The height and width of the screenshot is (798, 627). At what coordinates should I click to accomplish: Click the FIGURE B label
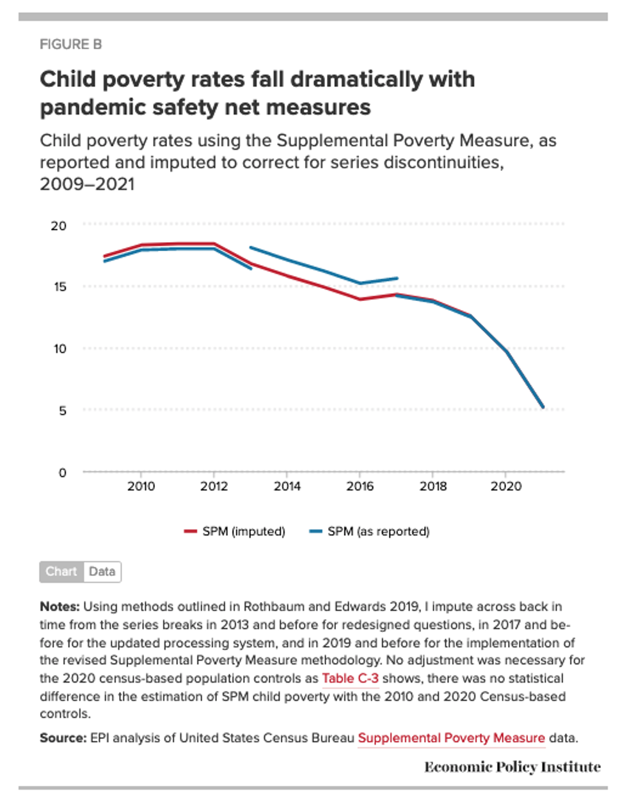click(70, 44)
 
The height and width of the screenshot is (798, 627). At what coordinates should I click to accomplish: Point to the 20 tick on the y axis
click(59, 225)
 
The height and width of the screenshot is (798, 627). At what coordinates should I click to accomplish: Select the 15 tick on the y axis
click(60, 287)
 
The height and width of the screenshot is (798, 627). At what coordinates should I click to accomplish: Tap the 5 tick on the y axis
click(63, 411)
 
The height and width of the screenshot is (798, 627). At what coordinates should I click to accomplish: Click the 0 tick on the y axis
click(63, 473)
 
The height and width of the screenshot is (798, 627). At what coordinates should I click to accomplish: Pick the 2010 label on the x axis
click(141, 486)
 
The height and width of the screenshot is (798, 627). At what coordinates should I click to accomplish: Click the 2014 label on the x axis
click(287, 486)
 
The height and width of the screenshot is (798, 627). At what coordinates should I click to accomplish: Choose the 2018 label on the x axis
click(433, 486)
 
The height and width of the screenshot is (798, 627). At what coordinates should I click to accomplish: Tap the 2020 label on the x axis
click(506, 486)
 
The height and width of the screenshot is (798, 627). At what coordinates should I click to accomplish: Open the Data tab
click(102, 571)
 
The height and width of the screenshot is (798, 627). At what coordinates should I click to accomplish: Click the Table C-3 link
click(350, 678)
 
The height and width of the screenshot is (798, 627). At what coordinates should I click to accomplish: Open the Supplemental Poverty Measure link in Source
click(451, 738)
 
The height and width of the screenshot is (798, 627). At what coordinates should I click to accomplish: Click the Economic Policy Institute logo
click(512, 767)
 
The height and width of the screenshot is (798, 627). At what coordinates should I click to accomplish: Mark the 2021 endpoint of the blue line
click(543, 407)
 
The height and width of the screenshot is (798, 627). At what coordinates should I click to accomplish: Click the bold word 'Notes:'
click(60, 607)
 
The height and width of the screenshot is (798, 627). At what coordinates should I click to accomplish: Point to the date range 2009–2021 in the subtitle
click(87, 184)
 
